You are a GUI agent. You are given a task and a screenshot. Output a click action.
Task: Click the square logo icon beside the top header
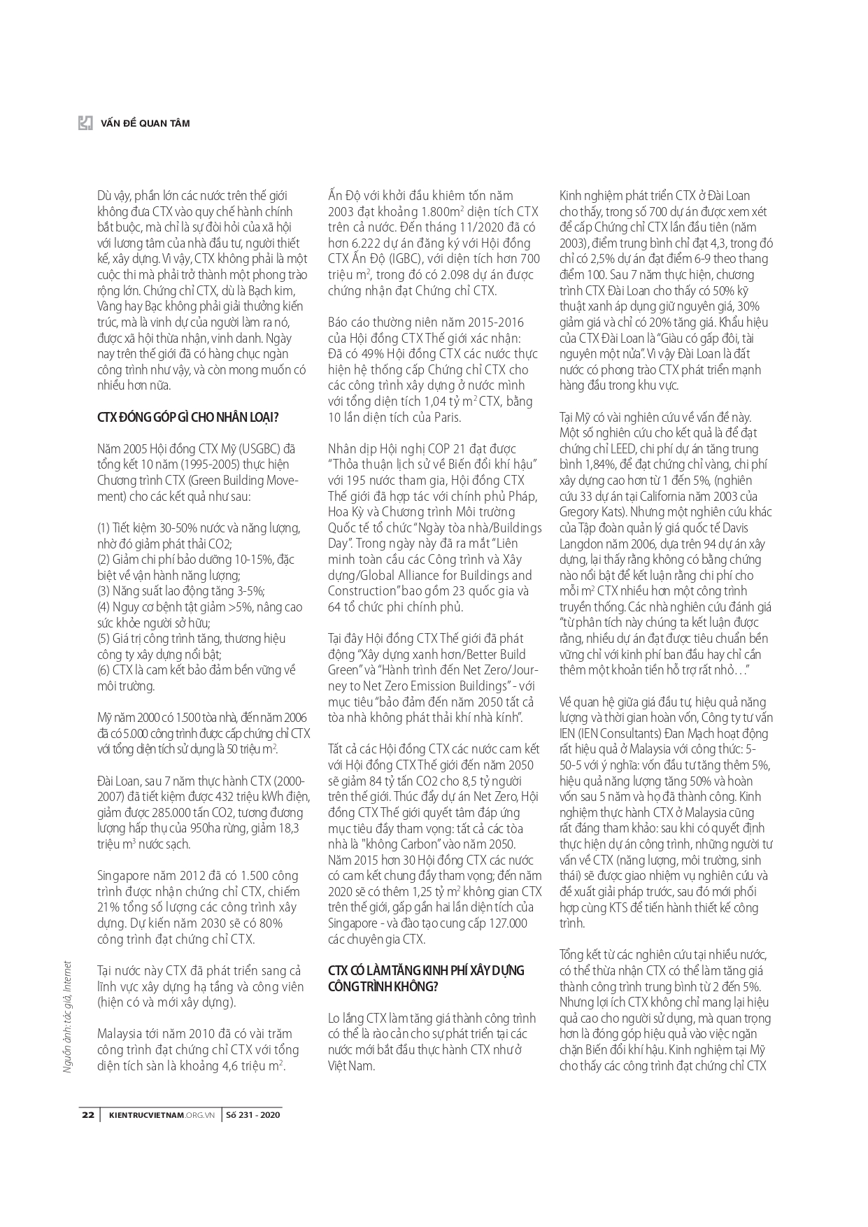[85, 122]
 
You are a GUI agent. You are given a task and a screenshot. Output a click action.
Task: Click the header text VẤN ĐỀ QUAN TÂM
[145, 123]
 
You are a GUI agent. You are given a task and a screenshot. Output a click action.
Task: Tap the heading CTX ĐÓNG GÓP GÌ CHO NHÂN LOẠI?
[187, 418]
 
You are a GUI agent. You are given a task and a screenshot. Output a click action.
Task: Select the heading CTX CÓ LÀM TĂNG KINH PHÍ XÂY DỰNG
[426, 970]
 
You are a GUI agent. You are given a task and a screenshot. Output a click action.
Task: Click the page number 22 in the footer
[88, 1115]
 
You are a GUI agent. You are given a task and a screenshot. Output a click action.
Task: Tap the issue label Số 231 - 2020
[252, 1115]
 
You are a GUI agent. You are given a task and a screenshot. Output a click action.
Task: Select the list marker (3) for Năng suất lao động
[104, 590]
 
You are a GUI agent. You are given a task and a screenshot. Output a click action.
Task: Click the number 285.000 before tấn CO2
[163, 813]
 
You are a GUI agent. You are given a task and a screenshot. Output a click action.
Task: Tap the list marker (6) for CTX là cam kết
[104, 669]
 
